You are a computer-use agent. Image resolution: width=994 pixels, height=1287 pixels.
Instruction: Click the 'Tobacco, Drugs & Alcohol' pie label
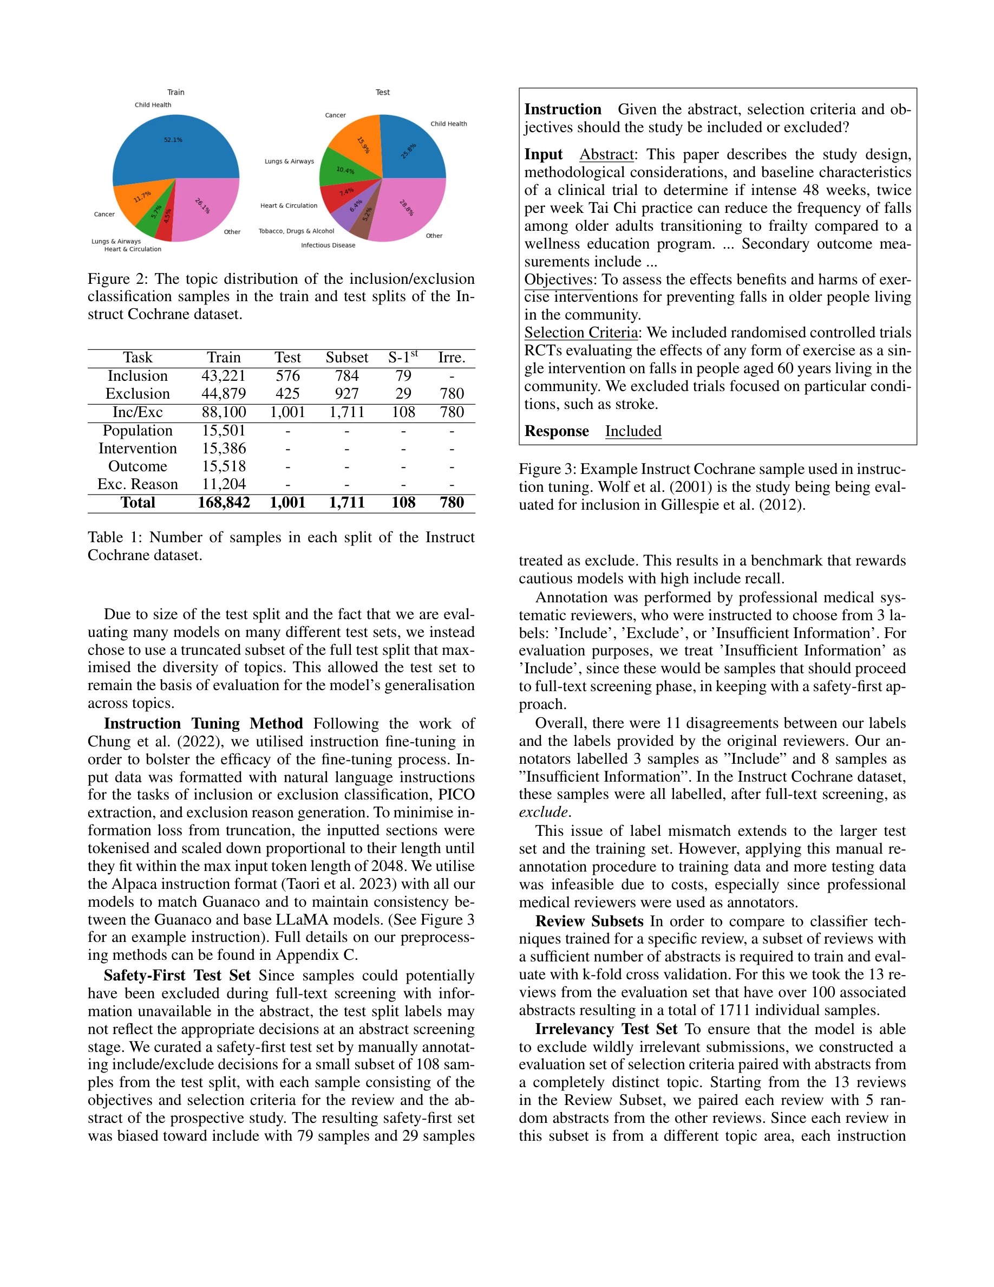click(296, 231)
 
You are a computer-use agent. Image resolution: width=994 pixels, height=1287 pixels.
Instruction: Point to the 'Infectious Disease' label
click(328, 245)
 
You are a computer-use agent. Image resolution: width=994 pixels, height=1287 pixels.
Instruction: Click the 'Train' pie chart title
click(175, 93)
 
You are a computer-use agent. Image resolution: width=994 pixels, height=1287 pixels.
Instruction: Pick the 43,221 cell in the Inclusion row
click(223, 376)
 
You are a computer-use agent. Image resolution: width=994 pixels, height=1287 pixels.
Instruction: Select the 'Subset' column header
click(347, 357)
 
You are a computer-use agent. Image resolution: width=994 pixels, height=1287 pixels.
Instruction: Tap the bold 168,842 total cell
click(223, 503)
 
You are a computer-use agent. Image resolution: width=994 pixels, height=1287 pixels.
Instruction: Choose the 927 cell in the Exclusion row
click(347, 394)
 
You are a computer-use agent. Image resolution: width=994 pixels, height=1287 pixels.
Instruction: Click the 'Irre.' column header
click(452, 357)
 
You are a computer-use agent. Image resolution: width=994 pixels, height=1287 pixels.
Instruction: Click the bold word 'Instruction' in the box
click(563, 109)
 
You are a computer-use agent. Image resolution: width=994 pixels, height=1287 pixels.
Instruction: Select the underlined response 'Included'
click(633, 431)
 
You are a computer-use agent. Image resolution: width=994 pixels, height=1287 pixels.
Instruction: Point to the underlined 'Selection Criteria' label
click(580, 333)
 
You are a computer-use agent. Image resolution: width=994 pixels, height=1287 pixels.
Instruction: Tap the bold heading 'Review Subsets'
click(589, 921)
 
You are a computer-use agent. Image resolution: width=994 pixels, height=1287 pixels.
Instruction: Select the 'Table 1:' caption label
click(115, 537)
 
